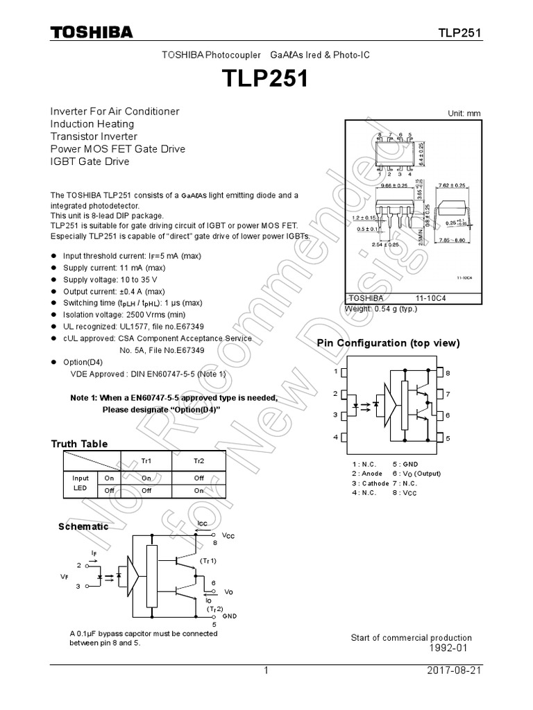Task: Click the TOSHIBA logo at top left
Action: tap(91, 33)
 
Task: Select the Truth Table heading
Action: tap(79, 444)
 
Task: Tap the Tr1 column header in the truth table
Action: tap(146, 460)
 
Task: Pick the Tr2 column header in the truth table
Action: tap(199, 460)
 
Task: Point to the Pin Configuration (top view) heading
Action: tap(388, 343)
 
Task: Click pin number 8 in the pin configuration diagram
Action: tap(448, 373)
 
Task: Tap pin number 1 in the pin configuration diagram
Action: tap(336, 372)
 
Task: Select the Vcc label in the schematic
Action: tap(228, 536)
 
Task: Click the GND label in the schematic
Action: tap(230, 616)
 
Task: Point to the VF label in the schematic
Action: tap(65, 575)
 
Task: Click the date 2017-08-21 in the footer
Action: tap(455, 672)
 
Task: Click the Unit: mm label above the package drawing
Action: tap(464, 114)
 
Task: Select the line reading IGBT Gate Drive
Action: tap(90, 162)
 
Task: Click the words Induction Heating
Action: tap(92, 123)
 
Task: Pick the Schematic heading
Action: tap(83, 526)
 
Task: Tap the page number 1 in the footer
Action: tap(266, 672)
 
